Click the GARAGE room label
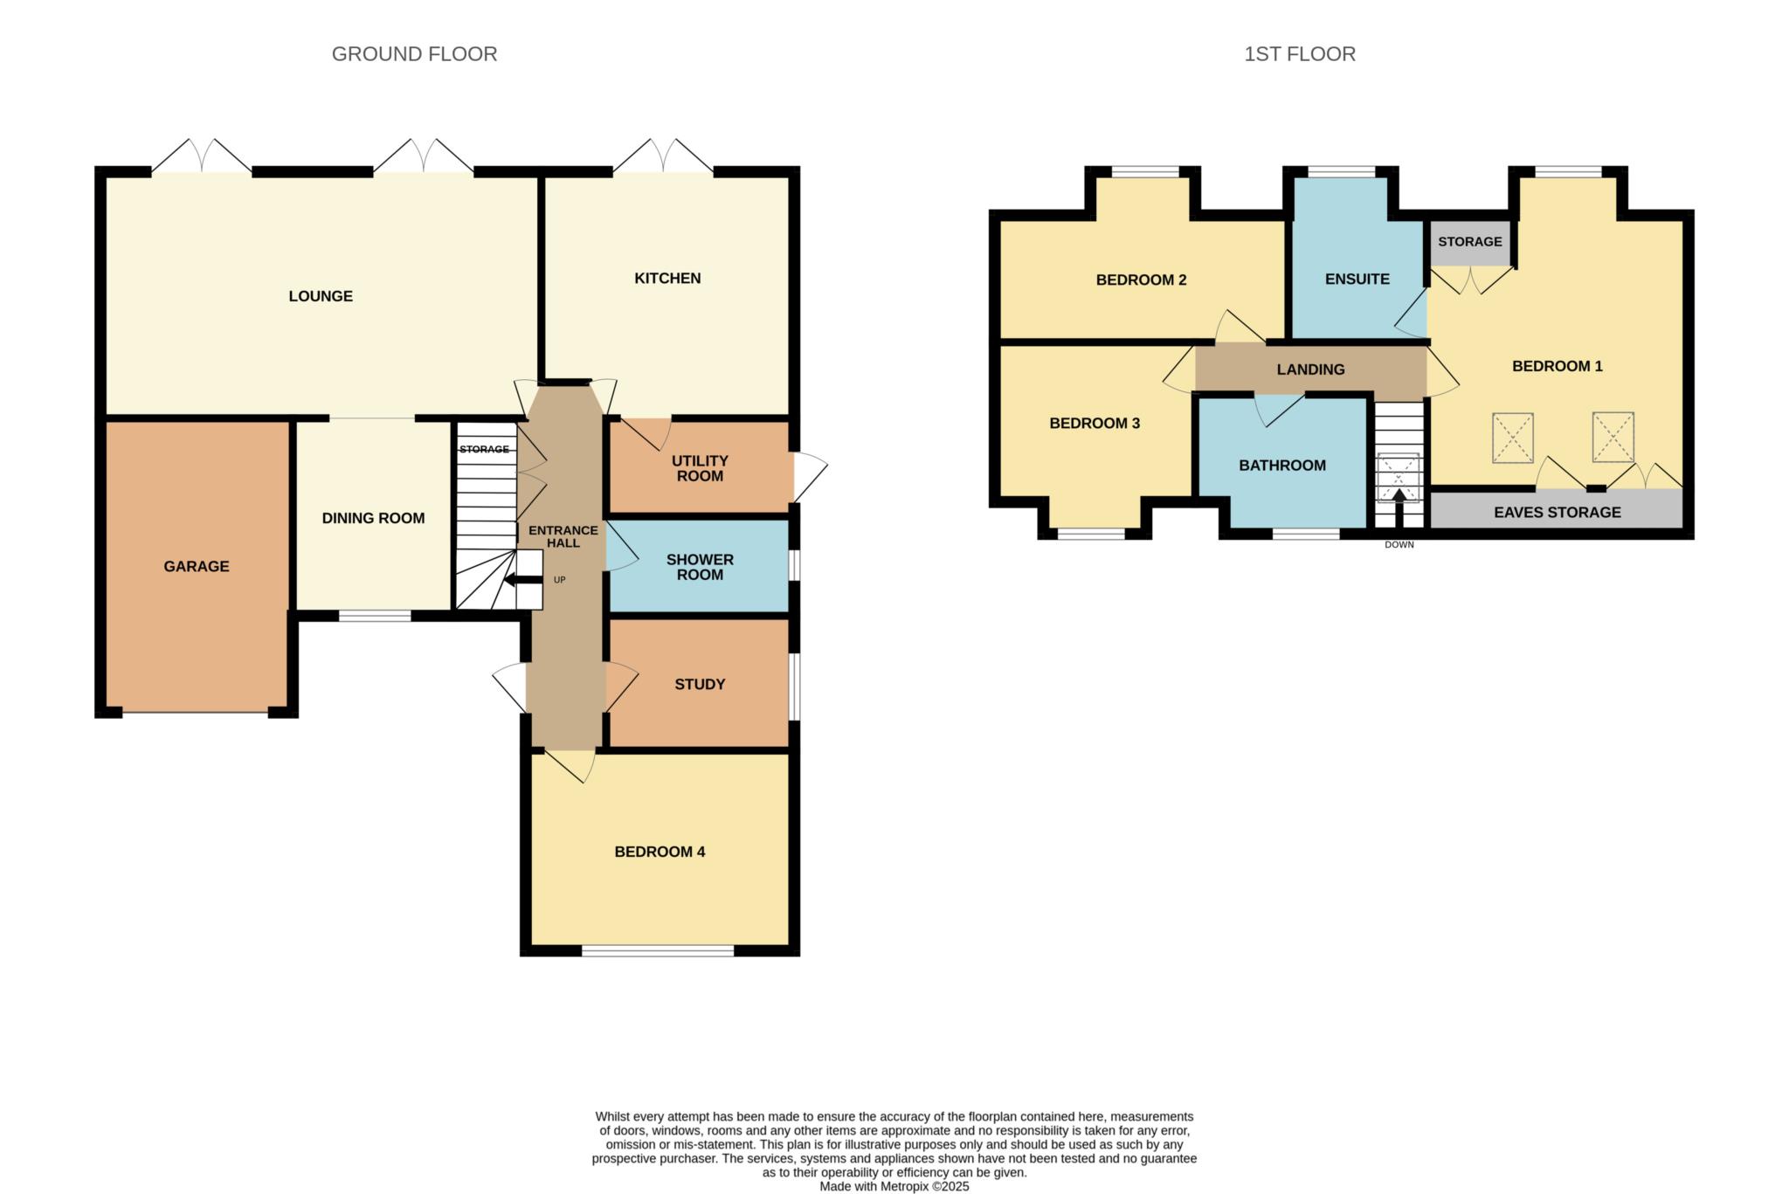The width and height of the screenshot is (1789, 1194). click(x=197, y=566)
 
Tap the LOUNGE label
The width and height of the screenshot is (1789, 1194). click(x=321, y=296)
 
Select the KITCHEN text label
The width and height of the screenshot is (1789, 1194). click(x=667, y=278)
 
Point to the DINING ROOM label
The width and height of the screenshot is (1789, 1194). click(x=373, y=518)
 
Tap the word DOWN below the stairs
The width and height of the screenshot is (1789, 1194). click(x=1399, y=545)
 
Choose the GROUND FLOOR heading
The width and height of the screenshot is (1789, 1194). click(x=414, y=54)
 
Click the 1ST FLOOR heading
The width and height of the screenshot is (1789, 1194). click(x=1300, y=54)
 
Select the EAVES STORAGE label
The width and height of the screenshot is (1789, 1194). click(x=1558, y=513)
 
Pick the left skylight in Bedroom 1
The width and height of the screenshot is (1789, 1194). click(x=1512, y=438)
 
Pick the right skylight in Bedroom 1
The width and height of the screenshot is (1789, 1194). click(x=1613, y=437)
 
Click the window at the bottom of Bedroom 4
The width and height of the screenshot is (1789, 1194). click(x=658, y=950)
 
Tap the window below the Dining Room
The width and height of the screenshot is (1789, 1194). click(x=375, y=616)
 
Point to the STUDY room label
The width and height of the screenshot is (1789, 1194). click(x=700, y=685)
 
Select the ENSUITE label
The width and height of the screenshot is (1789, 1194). click(x=1357, y=280)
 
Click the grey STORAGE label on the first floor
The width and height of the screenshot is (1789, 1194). click(x=1470, y=241)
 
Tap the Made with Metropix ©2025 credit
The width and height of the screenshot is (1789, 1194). click(x=894, y=1187)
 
